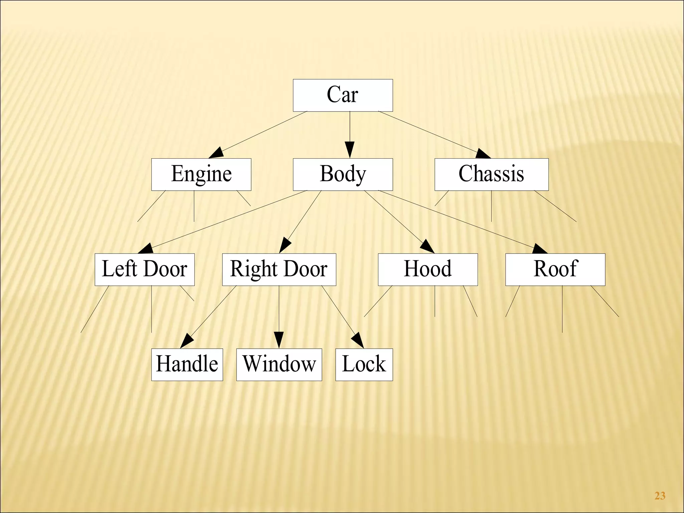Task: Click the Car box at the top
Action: (x=343, y=95)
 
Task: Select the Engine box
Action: (x=201, y=174)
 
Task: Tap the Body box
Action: (x=343, y=174)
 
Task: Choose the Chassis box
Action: (x=491, y=174)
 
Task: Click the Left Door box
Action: (x=144, y=269)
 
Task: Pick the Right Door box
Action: (x=279, y=269)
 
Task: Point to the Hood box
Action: (x=427, y=269)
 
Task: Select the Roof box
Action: (x=555, y=269)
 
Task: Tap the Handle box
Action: (x=187, y=364)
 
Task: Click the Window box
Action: (x=279, y=364)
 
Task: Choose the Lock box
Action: (x=364, y=364)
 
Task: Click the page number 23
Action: (x=660, y=496)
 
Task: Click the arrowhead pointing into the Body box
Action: (x=350, y=149)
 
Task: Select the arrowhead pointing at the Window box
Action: (x=279, y=340)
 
